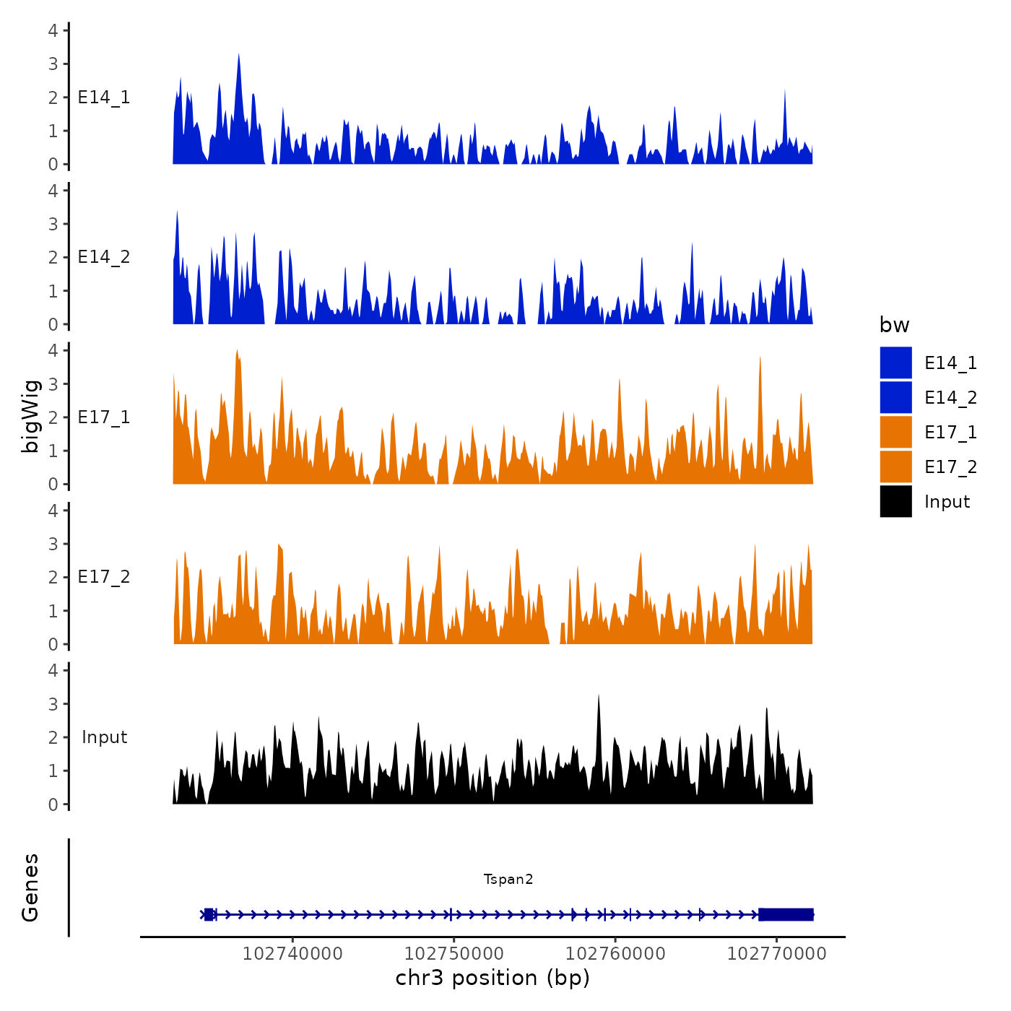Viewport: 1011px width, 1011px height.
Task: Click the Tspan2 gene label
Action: [508, 879]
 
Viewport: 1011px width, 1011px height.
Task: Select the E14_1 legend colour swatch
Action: [895, 363]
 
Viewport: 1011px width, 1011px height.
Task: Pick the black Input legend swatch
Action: [895, 501]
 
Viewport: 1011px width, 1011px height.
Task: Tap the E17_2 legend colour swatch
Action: [895, 467]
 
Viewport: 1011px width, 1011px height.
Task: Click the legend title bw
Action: [894, 325]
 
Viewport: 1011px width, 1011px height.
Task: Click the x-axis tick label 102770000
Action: [776, 953]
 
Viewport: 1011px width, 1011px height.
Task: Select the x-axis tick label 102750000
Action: [454, 953]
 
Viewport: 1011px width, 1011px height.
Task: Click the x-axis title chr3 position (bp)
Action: [493, 978]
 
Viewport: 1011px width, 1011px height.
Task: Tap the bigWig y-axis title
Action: [30, 416]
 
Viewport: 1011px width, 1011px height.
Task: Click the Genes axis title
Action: [30, 888]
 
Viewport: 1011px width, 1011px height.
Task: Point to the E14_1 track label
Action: [104, 97]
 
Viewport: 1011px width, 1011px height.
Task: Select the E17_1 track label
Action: [104, 417]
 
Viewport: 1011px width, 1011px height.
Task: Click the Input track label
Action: [104, 737]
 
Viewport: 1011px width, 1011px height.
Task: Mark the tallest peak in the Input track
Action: [599, 698]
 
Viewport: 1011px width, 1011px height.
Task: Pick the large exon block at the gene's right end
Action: [786, 914]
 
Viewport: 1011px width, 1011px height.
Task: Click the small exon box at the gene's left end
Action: [209, 914]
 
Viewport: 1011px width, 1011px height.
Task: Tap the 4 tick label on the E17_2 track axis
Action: [53, 511]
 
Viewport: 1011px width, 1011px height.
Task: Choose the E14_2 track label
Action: [104, 257]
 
